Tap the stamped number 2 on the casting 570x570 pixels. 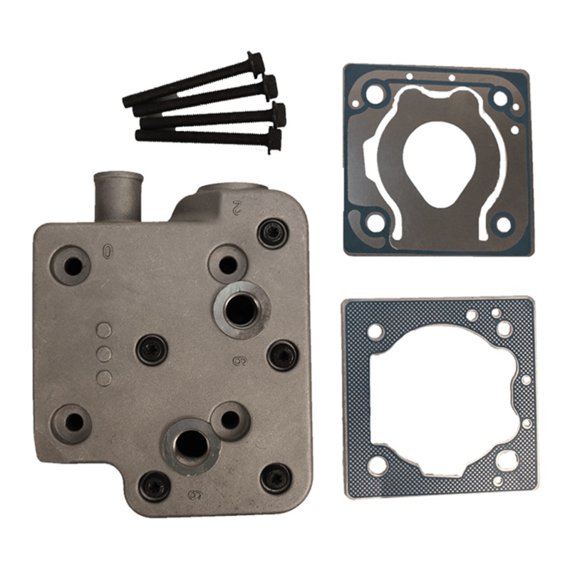coord(237,207)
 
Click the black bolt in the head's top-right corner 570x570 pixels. coord(271,232)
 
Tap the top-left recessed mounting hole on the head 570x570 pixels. coord(72,266)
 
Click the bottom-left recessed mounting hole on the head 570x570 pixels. coord(73,423)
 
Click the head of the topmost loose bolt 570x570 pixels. coord(255,62)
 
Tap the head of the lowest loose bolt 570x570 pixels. coord(273,138)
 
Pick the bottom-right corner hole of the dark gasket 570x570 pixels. coord(503,225)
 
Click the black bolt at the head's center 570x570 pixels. coord(152,349)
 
